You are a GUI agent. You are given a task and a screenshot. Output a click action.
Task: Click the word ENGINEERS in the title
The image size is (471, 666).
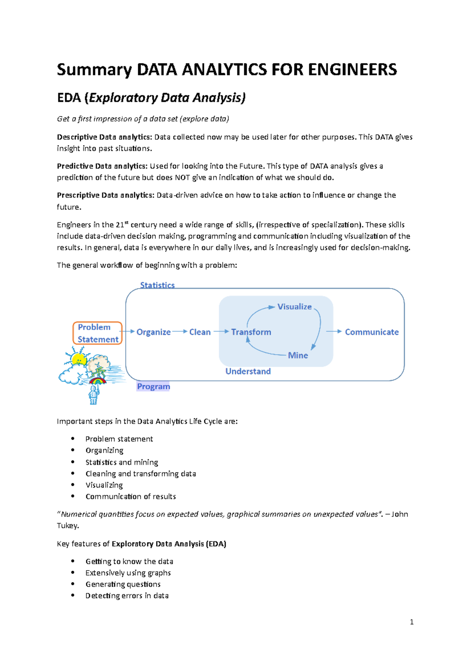352,70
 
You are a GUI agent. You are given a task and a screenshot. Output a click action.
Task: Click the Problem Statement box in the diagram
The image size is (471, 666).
97,333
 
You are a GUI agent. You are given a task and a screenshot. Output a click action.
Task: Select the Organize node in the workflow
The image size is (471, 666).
153,332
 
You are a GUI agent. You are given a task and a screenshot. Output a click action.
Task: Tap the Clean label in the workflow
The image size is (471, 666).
200,332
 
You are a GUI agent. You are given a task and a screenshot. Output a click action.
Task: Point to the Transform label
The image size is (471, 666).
251,332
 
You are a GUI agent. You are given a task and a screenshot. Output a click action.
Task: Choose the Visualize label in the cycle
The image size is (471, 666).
294,307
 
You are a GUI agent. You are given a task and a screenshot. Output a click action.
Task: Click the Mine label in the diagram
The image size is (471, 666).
298,355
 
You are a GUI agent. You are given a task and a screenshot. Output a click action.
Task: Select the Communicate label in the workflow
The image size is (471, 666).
371,332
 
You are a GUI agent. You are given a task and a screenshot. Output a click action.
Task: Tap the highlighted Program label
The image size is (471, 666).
153,386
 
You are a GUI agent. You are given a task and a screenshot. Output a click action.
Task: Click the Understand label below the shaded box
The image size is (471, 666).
248,371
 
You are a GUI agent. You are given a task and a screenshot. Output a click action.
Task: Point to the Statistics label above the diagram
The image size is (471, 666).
157,285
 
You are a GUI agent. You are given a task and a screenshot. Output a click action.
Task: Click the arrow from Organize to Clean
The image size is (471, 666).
180,331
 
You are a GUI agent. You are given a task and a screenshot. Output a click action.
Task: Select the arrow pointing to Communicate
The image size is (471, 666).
334,331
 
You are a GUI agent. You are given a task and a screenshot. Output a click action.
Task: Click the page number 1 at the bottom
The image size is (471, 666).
411,622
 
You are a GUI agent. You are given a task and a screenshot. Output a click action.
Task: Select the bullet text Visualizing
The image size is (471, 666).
104,485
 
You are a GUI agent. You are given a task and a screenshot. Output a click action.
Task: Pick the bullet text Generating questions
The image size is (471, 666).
123,584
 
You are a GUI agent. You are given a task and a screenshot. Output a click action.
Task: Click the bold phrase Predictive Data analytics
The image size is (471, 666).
102,166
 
